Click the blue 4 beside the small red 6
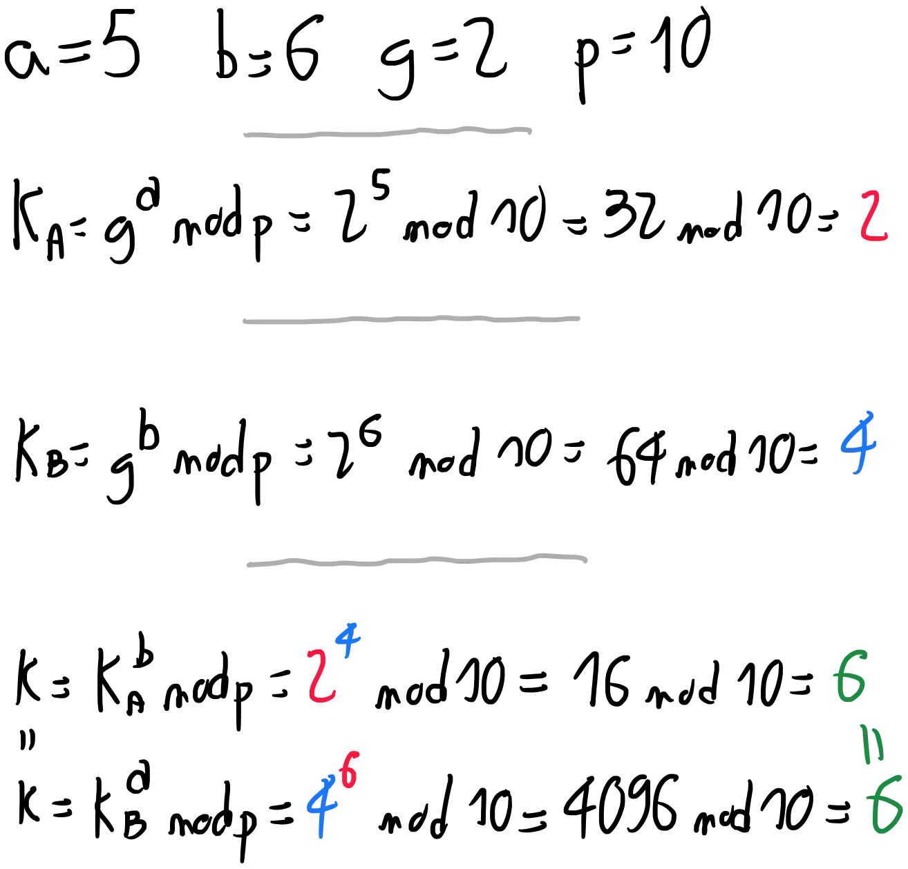(320, 805)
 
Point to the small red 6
(350, 771)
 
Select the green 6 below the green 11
(885, 804)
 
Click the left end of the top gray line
(246, 134)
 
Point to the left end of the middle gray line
(240, 321)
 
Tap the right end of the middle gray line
(578, 321)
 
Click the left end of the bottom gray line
(245, 564)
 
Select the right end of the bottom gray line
(589, 558)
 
